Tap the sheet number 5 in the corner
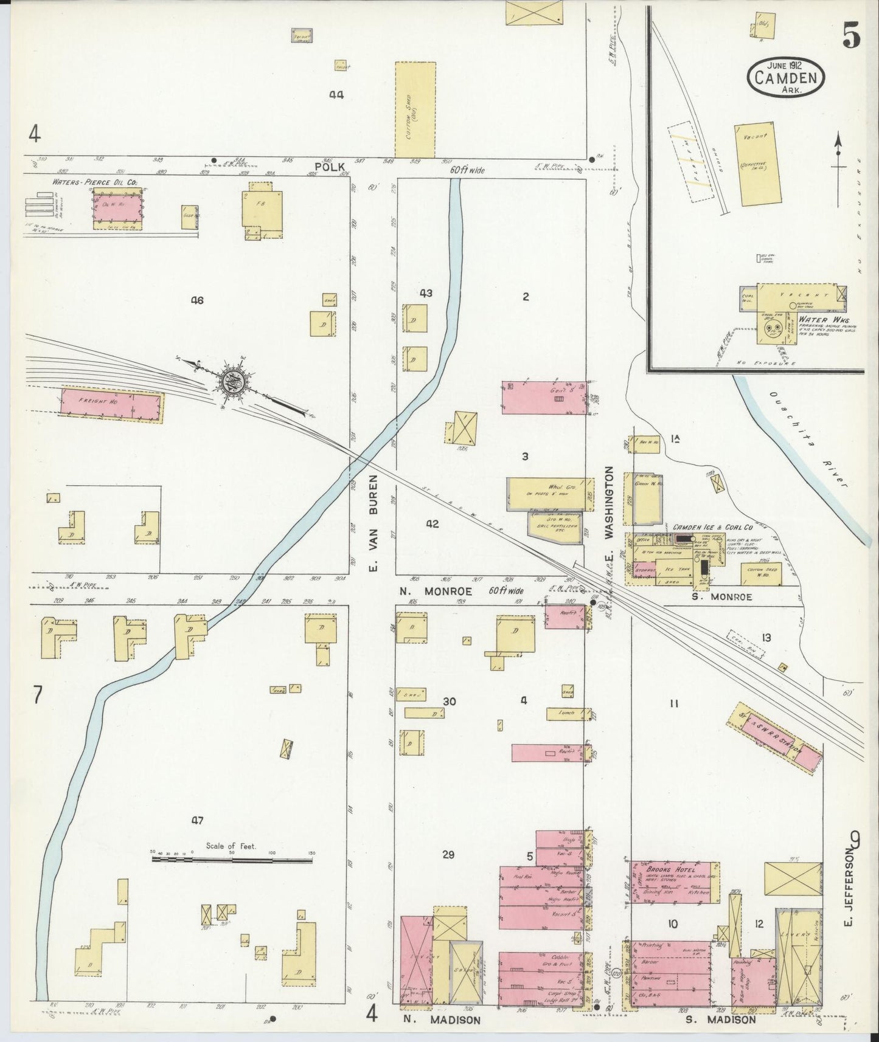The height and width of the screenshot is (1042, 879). [x=852, y=38]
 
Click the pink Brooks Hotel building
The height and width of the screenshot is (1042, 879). [x=675, y=882]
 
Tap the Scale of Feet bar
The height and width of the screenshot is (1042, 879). [x=232, y=860]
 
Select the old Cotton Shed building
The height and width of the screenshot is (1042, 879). [x=415, y=109]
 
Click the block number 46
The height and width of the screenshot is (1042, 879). [x=196, y=300]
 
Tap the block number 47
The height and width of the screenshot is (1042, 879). [x=196, y=821]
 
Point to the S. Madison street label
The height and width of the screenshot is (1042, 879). [x=721, y=1019]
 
